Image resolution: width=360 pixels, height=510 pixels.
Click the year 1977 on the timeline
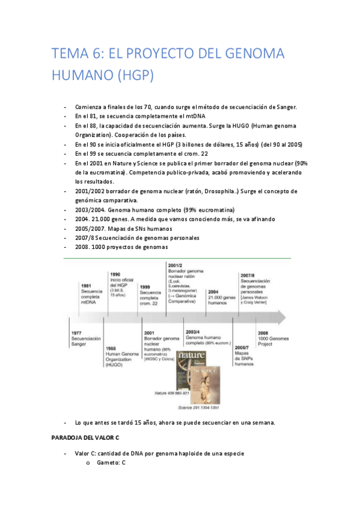tap(76, 333)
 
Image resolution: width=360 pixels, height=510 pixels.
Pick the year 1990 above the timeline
tap(115, 274)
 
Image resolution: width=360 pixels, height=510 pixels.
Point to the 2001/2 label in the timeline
tap(176, 265)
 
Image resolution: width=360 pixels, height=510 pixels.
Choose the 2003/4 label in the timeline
tap(193, 331)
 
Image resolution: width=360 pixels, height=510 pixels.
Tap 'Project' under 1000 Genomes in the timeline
tap(266, 345)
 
